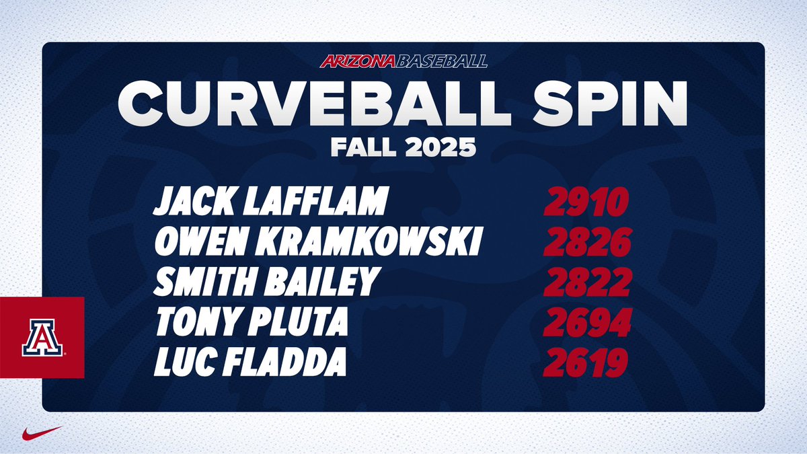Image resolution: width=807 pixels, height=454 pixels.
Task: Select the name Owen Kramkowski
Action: tap(317, 243)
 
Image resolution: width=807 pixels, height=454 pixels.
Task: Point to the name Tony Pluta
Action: tap(251, 324)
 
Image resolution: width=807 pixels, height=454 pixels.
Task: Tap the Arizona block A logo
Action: tap(42, 337)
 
